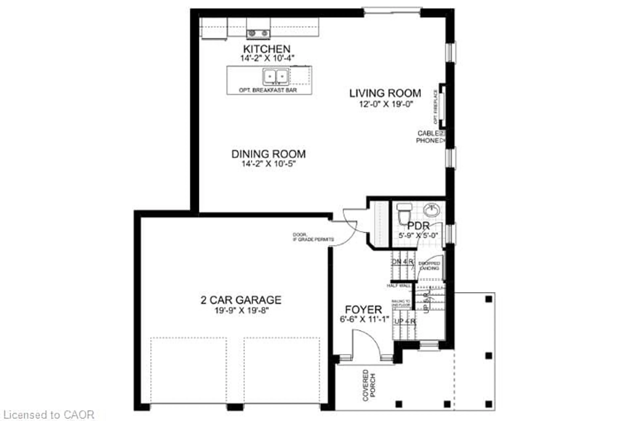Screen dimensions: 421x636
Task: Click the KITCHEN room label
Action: coord(266,49)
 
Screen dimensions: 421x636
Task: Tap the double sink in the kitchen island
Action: coord(276,76)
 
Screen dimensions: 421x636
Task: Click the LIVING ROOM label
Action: coord(385,93)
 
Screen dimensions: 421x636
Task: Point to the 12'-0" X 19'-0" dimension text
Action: coord(386,104)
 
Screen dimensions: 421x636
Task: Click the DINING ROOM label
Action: coord(268,154)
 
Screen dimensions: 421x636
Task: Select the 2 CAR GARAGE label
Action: coord(241,300)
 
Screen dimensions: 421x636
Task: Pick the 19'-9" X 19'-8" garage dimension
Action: coord(241,311)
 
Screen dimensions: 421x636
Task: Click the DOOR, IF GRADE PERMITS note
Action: coord(313,237)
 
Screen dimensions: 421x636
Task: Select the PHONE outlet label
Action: coord(427,140)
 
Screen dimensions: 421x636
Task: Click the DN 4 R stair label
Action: coord(403,262)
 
